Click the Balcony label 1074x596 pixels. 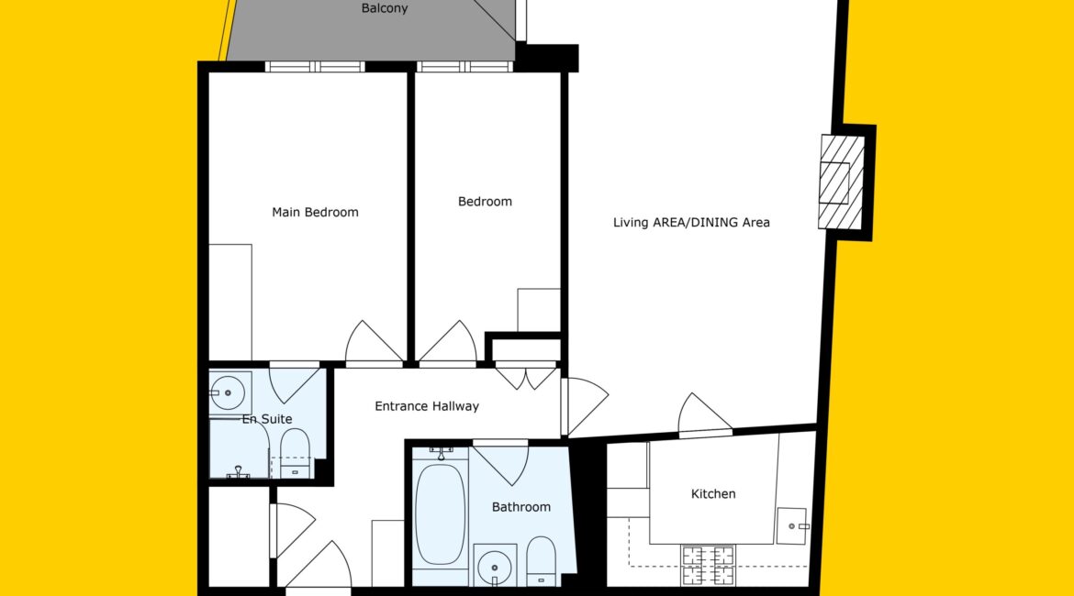click(x=385, y=8)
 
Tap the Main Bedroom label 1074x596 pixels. click(x=315, y=212)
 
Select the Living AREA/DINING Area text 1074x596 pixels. click(x=691, y=223)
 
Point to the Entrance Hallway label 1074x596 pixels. click(x=427, y=406)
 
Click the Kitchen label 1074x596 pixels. click(x=713, y=493)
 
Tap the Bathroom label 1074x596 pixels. click(x=521, y=507)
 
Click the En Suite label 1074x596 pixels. click(x=267, y=419)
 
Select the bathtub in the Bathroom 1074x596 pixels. click(x=440, y=514)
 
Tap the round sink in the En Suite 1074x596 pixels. click(x=228, y=392)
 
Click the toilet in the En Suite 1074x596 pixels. click(x=296, y=453)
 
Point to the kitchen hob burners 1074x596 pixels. click(x=708, y=565)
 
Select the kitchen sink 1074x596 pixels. click(x=793, y=525)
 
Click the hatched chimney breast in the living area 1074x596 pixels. click(x=841, y=182)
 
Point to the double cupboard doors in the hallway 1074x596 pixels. click(x=526, y=377)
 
